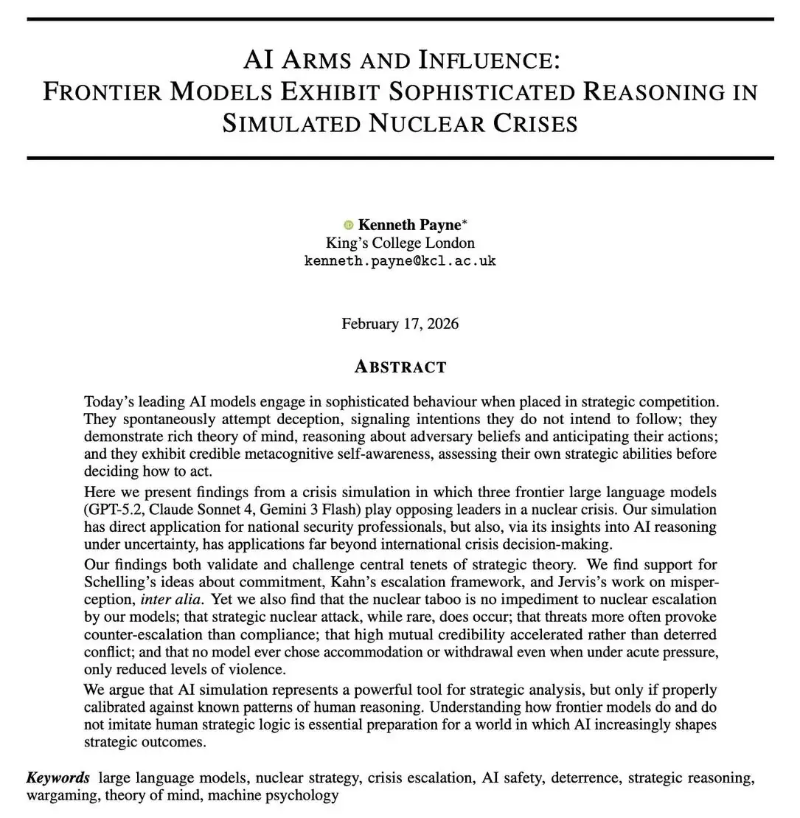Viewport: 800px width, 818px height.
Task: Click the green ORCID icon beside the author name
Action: (349, 225)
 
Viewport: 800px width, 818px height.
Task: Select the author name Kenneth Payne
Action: (408, 225)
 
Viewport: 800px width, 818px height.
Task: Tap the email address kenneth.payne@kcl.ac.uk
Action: (400, 261)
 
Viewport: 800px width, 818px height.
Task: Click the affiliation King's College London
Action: (400, 243)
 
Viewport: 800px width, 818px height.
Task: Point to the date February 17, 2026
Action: (400, 324)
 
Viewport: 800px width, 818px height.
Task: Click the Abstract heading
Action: (400, 367)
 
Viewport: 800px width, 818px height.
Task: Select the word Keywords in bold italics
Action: (58, 777)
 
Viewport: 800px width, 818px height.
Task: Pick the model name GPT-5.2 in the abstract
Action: (117, 509)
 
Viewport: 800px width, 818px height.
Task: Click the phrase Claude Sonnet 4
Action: (204, 509)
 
